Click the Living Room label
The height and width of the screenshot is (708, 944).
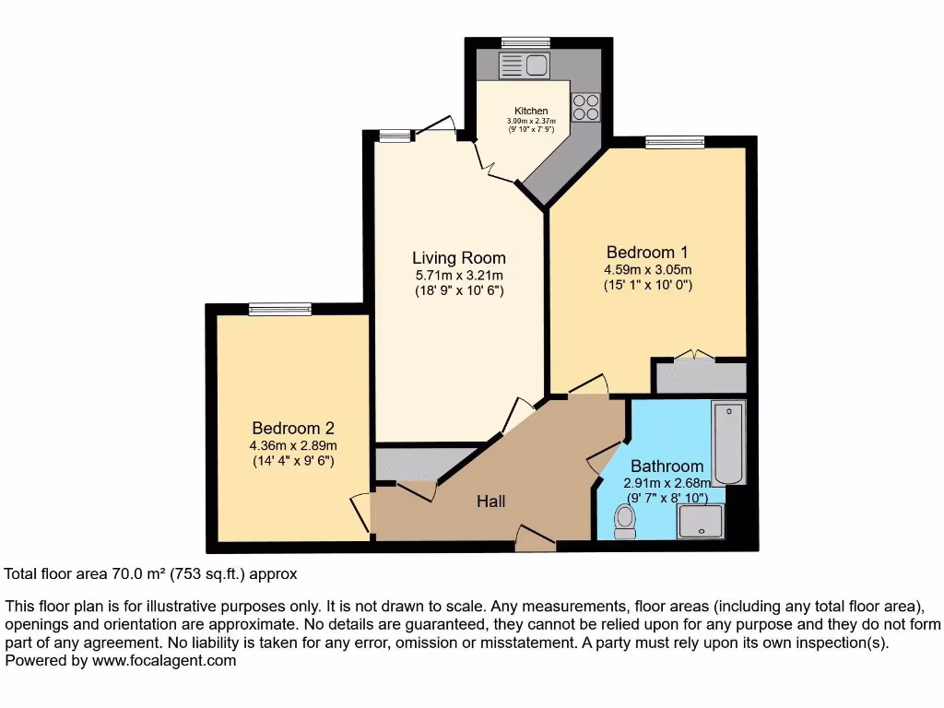(458, 258)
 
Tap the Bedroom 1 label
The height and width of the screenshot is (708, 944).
(647, 252)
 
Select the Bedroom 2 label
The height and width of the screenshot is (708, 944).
(293, 428)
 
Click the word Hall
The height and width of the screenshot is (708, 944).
(490, 501)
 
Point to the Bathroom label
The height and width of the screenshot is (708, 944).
(667, 466)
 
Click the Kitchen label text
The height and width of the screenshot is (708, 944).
(531, 111)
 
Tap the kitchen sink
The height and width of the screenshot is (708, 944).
(523, 65)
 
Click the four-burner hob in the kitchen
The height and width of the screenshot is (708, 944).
(584, 109)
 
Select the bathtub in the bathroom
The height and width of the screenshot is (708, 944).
(728, 442)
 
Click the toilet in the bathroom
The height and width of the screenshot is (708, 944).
(625, 523)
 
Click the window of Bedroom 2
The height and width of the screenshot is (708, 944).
(279, 309)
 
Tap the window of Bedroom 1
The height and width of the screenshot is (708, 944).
(675, 142)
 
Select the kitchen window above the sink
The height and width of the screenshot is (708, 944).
(525, 42)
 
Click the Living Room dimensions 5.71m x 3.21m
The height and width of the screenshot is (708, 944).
(458, 276)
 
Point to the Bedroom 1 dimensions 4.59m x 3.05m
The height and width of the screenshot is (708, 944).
(647, 269)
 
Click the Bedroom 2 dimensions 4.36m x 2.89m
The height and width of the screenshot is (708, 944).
(293, 445)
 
